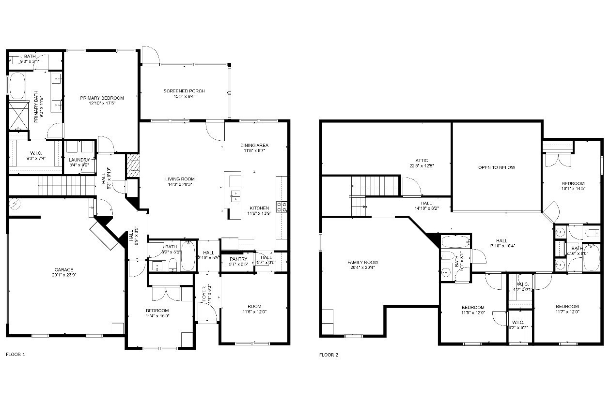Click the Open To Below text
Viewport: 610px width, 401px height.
pyautogui.click(x=496, y=167)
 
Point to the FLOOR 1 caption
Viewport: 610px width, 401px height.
pyautogui.click(x=15, y=355)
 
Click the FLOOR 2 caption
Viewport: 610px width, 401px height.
pyautogui.click(x=328, y=355)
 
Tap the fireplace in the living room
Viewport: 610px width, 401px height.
pyautogui.click(x=132, y=166)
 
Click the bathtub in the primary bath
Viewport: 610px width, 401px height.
pyautogui.click(x=18, y=86)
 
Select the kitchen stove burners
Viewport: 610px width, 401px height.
pyautogui.click(x=282, y=207)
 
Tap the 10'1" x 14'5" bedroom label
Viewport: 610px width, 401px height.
pyautogui.click(x=573, y=186)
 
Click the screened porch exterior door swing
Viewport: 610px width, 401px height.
pyautogui.click(x=150, y=55)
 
